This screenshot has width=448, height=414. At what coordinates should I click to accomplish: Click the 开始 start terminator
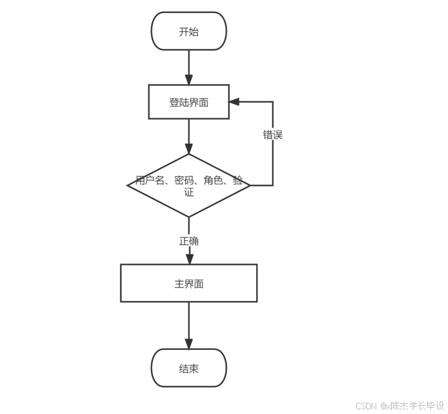(189, 31)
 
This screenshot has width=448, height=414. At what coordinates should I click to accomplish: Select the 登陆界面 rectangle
(189, 102)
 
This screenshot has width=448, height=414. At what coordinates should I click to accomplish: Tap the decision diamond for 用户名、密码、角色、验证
(189, 185)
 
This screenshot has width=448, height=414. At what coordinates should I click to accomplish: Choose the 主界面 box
(189, 283)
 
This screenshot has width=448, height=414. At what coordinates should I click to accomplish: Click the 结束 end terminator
(189, 368)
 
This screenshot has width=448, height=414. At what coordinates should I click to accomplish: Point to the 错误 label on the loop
(273, 135)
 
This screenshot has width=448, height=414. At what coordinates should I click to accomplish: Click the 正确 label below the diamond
(189, 241)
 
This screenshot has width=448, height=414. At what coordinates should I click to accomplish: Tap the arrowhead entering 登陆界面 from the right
(234, 102)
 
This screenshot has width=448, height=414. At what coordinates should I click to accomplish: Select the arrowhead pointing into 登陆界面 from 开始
(189, 80)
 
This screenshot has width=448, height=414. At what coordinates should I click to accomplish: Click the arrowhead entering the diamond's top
(189, 148)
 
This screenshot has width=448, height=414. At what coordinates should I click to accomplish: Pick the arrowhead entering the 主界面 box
(189, 258)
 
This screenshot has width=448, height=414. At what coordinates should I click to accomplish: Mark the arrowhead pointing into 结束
(189, 343)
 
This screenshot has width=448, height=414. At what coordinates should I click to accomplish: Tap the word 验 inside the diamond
(238, 181)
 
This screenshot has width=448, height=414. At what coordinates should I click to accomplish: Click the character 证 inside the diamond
(189, 192)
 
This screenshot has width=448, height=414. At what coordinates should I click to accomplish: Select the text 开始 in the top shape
(189, 31)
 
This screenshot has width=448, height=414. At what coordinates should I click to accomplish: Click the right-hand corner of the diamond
(249, 185)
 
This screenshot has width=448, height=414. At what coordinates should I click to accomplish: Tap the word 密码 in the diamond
(184, 181)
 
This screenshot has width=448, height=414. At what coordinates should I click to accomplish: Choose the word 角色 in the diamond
(213, 181)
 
